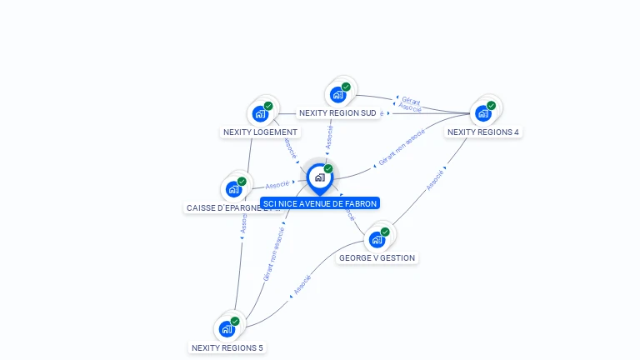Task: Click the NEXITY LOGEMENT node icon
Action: point(262,113)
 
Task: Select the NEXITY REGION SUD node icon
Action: point(339,94)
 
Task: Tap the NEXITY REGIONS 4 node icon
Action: point(484,112)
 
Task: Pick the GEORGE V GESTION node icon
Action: point(377,239)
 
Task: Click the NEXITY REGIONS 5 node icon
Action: point(227,328)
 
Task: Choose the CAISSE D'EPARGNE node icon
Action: point(235,189)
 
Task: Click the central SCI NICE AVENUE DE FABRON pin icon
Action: point(319,177)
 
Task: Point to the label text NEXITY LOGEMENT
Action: point(260,132)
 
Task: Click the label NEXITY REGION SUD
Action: point(337,112)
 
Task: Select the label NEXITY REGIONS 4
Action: point(483,132)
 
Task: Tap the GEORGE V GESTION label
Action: point(377,257)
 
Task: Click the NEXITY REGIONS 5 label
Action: point(227,347)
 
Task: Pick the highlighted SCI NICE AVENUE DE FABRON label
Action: point(320,203)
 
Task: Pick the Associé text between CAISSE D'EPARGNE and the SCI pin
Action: point(277,184)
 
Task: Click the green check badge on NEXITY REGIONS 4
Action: point(491,106)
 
